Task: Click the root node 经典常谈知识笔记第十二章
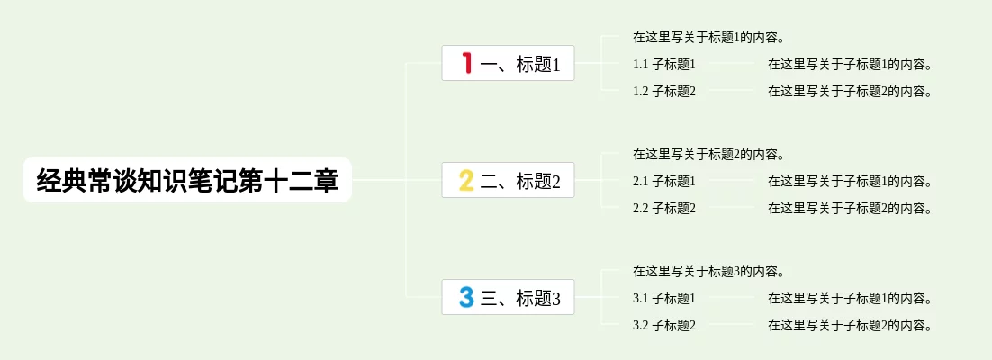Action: click(x=187, y=180)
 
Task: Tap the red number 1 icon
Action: click(x=467, y=63)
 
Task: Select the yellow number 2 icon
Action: click(x=466, y=180)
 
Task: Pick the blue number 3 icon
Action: click(x=466, y=297)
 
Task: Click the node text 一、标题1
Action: click(x=520, y=64)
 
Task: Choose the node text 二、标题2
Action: click(x=520, y=181)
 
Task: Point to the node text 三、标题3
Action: click(x=520, y=298)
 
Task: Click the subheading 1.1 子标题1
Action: click(x=664, y=64)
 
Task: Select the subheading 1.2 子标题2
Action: click(x=664, y=91)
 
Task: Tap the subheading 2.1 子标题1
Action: click(x=664, y=182)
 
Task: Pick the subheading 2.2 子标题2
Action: click(x=664, y=208)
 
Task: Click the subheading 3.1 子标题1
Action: click(x=664, y=298)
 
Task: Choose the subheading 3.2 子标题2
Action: click(x=664, y=326)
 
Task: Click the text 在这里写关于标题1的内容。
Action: click(x=709, y=37)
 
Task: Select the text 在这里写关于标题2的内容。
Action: click(x=709, y=155)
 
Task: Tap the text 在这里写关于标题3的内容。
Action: click(x=709, y=272)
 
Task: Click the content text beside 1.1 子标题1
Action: click(x=851, y=64)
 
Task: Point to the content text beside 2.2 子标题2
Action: click(x=851, y=208)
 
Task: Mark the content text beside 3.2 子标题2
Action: click(x=851, y=326)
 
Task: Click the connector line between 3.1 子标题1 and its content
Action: click(x=731, y=297)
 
